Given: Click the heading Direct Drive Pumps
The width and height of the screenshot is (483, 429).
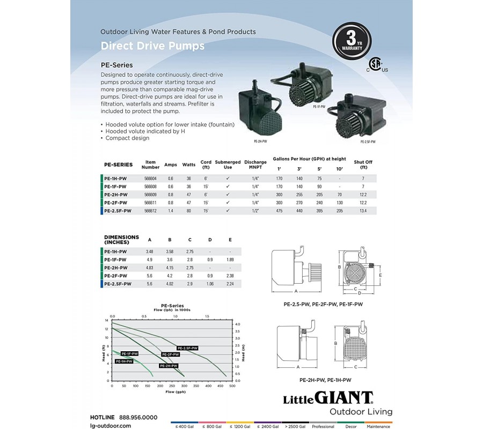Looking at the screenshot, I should click(x=152, y=46).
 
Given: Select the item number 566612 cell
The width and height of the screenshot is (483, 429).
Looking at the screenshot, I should click(x=150, y=211).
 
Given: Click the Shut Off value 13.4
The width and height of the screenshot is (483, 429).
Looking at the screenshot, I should click(x=363, y=211).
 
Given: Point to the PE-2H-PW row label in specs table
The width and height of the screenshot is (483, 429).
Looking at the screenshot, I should click(x=116, y=194).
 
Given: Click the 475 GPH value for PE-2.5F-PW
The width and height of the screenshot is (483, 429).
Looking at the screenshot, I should click(x=279, y=211).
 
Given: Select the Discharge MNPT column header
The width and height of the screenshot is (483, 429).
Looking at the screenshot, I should click(x=255, y=164).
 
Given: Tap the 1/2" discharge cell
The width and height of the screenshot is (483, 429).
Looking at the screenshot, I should click(x=255, y=211).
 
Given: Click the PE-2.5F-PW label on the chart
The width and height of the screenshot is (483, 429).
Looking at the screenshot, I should click(x=188, y=348).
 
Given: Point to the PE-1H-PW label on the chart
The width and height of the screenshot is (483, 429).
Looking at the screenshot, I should click(x=124, y=361).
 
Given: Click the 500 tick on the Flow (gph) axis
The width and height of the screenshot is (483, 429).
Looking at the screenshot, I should click(x=232, y=386).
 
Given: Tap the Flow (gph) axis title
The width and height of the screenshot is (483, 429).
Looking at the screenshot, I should click(x=172, y=393).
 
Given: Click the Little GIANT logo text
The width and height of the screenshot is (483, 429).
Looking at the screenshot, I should click(x=328, y=398).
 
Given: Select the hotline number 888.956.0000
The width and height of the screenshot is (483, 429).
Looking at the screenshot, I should click(x=138, y=417).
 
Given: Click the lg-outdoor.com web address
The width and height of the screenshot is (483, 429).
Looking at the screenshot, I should click(x=111, y=425).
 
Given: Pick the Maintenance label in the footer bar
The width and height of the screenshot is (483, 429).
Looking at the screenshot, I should click(x=378, y=426).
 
